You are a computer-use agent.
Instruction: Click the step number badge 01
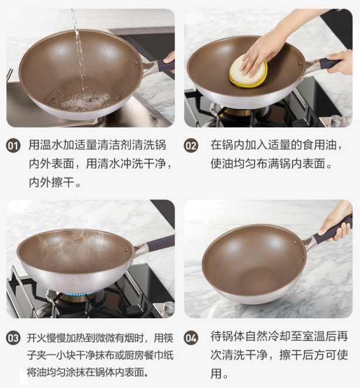(x=13, y=145)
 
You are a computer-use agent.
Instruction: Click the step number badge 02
(x=191, y=145)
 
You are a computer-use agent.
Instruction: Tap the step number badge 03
(x=13, y=338)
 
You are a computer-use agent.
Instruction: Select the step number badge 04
(x=191, y=338)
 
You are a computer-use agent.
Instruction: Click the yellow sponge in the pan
(x=248, y=72)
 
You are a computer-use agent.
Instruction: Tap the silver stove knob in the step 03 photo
(x=168, y=308)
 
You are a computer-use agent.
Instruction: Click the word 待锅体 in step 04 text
(x=227, y=336)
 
